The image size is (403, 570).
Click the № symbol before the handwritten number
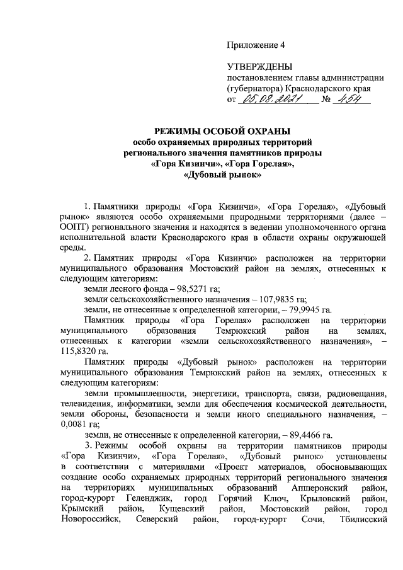[x=326, y=100]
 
